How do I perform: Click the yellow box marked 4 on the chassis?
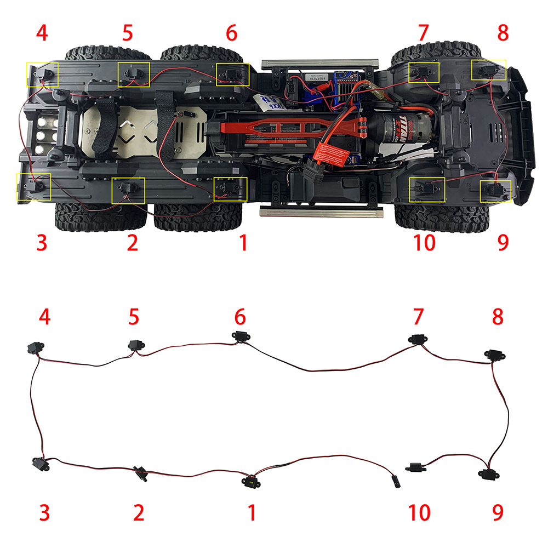[42, 75]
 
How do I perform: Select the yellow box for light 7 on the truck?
[424, 72]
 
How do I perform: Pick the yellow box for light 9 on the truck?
[495, 191]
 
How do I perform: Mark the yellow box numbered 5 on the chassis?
[134, 74]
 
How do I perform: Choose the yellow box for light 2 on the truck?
[128, 190]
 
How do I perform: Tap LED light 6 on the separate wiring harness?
[239, 337]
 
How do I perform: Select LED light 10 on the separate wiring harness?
[415, 467]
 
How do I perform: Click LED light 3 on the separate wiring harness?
[39, 464]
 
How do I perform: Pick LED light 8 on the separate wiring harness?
[494, 355]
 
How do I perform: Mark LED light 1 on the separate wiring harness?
[250, 482]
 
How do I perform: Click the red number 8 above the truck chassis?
[503, 33]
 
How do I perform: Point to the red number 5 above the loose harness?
[133, 317]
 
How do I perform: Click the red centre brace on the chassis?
[285, 127]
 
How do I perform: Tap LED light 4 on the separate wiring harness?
[35, 348]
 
